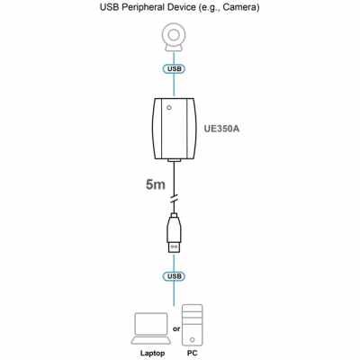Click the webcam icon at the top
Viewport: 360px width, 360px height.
click(x=174, y=39)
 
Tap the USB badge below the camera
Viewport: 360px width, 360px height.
click(x=174, y=68)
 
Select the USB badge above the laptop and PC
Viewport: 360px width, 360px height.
click(x=174, y=276)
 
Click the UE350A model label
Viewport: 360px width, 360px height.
click(x=221, y=129)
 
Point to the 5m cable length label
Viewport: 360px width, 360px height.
click(x=156, y=184)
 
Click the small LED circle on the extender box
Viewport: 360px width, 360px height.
click(x=169, y=107)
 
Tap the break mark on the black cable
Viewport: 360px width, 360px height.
click(x=174, y=199)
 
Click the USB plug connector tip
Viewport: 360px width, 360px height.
click(x=174, y=247)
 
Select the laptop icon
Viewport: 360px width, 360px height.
click(x=151, y=328)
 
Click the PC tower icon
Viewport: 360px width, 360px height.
click(x=192, y=325)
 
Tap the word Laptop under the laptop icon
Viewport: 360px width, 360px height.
click(x=152, y=354)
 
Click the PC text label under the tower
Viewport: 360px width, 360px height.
click(x=192, y=353)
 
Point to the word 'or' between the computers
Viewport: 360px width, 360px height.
click(x=176, y=329)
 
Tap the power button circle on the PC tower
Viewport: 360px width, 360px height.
click(x=192, y=340)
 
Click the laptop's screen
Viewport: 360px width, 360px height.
click(x=151, y=324)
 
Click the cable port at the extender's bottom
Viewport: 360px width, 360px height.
click(x=174, y=161)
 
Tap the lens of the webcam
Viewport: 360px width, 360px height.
click(x=174, y=35)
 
